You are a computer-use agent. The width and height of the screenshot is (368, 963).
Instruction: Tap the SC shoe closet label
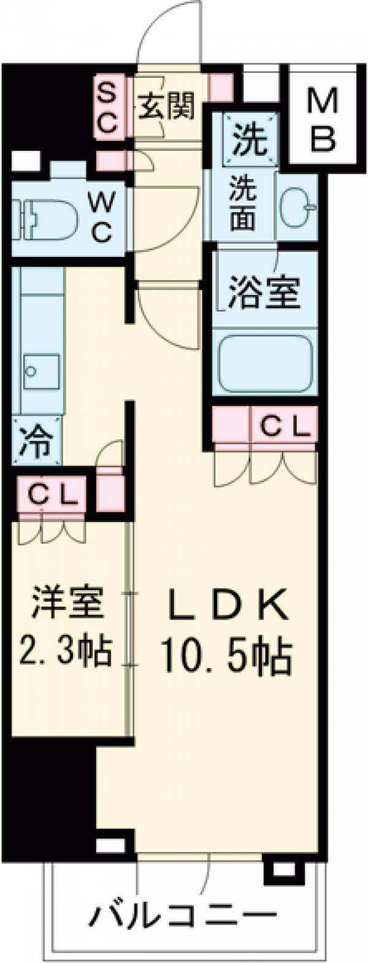tap(108, 109)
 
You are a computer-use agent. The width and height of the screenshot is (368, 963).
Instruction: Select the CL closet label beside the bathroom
tap(283, 425)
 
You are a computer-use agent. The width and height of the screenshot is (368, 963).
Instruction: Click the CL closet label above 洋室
tap(53, 493)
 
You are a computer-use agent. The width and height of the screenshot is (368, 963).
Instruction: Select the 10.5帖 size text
tap(225, 654)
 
